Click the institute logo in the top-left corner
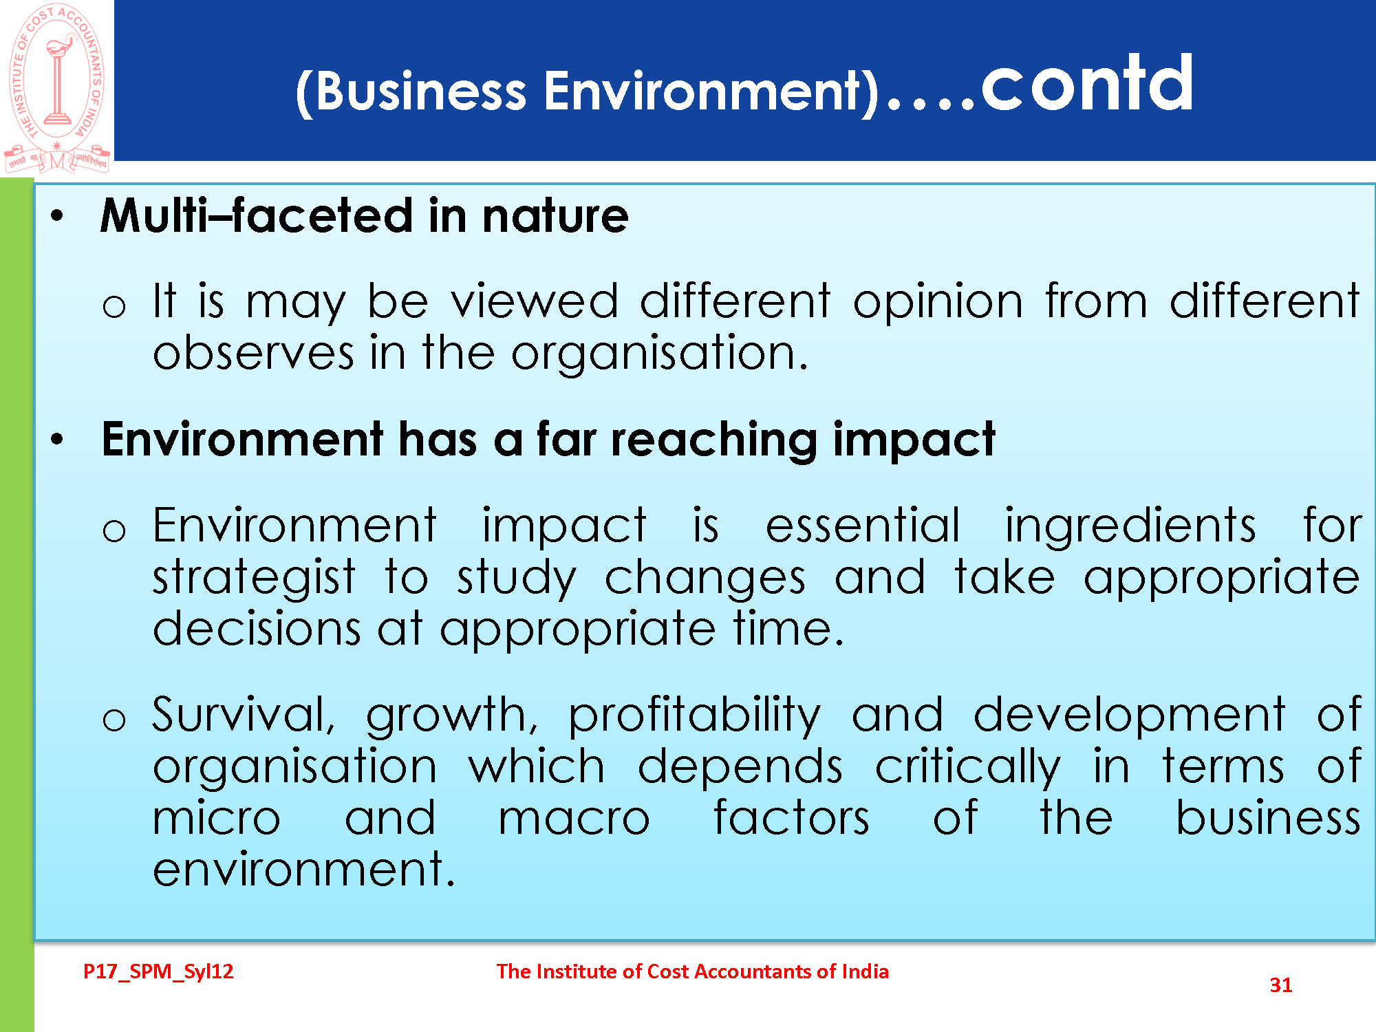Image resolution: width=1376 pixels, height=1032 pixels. click(x=56, y=88)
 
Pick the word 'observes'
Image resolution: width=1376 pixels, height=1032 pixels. click(x=253, y=353)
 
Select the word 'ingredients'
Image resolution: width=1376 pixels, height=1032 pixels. click(x=1130, y=527)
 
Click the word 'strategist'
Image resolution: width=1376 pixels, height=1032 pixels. click(x=254, y=578)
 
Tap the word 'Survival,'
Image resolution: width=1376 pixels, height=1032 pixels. click(x=244, y=716)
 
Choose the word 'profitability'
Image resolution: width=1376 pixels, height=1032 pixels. click(x=694, y=716)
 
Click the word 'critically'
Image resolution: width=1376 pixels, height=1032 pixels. click(x=968, y=768)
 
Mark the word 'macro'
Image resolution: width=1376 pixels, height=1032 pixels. click(x=574, y=819)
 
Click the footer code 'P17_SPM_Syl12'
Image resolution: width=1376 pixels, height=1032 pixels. click(x=158, y=972)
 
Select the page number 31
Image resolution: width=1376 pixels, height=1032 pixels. click(x=1281, y=985)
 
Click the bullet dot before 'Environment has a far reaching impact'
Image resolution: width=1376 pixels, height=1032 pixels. click(x=57, y=439)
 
